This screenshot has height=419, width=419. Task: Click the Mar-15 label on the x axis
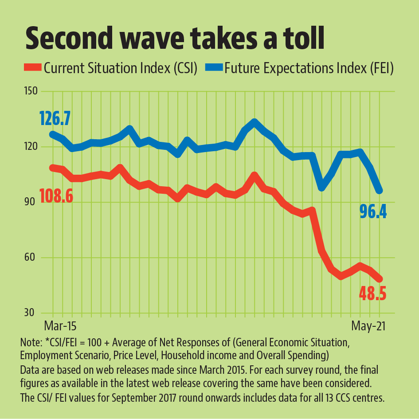[x=60, y=326]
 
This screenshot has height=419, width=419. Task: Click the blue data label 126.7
[x=61, y=119]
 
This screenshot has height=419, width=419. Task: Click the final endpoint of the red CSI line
[x=380, y=279]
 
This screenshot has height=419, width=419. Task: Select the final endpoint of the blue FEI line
[x=380, y=191]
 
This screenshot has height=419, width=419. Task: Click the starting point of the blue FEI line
[x=52, y=134]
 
